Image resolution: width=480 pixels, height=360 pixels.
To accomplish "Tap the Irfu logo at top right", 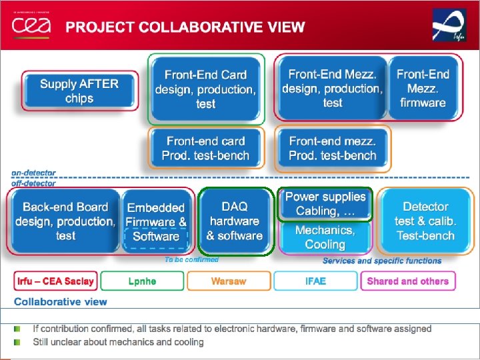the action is pyautogui.click(x=449, y=25).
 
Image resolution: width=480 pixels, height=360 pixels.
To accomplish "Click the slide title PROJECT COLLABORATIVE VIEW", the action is pyautogui.click(x=185, y=27).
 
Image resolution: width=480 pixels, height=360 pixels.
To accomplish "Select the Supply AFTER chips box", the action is pyautogui.click(x=79, y=91).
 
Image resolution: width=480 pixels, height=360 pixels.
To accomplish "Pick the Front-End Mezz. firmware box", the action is pyautogui.click(x=423, y=89).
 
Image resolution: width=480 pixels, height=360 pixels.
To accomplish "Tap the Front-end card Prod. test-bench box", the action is pyautogui.click(x=205, y=148).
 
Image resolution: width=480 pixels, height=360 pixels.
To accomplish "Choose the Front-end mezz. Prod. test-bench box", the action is pyautogui.click(x=332, y=148).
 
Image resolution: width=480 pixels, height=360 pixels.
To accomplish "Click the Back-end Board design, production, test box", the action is pyautogui.click(x=65, y=221).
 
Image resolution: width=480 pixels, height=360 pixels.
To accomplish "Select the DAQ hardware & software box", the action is pyautogui.click(x=234, y=221).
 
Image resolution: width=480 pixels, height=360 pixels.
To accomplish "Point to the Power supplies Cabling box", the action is pyautogui.click(x=325, y=204).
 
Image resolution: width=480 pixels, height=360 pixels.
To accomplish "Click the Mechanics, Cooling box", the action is pyautogui.click(x=325, y=237).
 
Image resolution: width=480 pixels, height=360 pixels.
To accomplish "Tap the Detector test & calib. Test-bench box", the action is pyautogui.click(x=425, y=221).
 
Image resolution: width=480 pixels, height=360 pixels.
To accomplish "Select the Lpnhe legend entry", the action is pyautogui.click(x=142, y=281).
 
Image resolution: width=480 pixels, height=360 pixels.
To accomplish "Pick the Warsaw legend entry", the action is pyautogui.click(x=229, y=281).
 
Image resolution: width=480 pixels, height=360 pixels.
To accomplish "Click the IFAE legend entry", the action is pyautogui.click(x=316, y=281).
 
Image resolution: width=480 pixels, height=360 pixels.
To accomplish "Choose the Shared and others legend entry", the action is pyautogui.click(x=407, y=281).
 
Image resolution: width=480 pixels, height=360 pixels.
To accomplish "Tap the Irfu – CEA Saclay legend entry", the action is pyautogui.click(x=55, y=281).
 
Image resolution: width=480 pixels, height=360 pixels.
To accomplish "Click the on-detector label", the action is pyautogui.click(x=34, y=172).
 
